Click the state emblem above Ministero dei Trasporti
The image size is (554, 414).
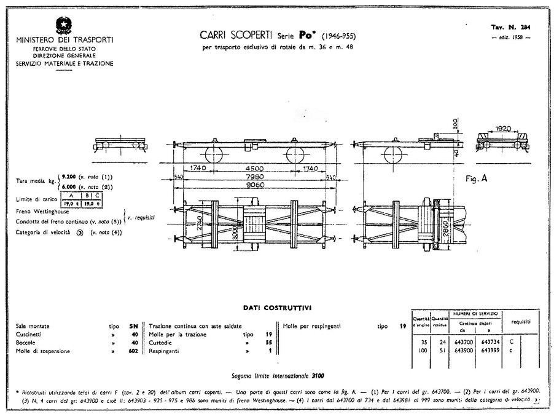[64, 25]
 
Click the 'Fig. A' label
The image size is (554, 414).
[477, 178]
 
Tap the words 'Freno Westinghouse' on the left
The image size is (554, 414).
[42, 212]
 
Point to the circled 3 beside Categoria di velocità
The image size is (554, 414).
[80, 232]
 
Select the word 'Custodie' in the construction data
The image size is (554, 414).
[161, 343]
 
